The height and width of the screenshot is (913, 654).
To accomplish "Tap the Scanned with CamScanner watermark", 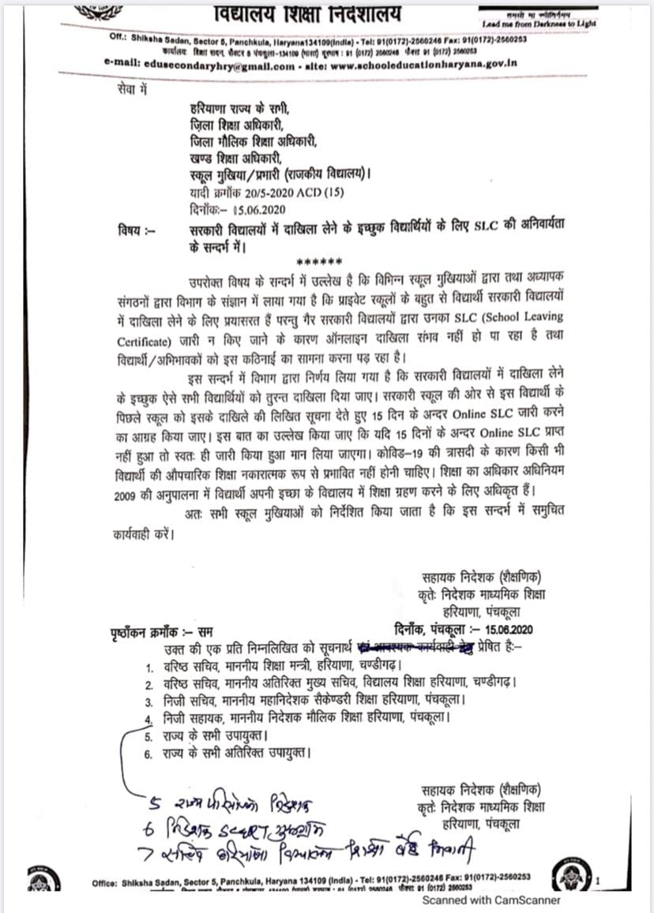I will tap(490, 900).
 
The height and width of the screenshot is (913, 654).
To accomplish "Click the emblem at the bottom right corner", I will tap(571, 875).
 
